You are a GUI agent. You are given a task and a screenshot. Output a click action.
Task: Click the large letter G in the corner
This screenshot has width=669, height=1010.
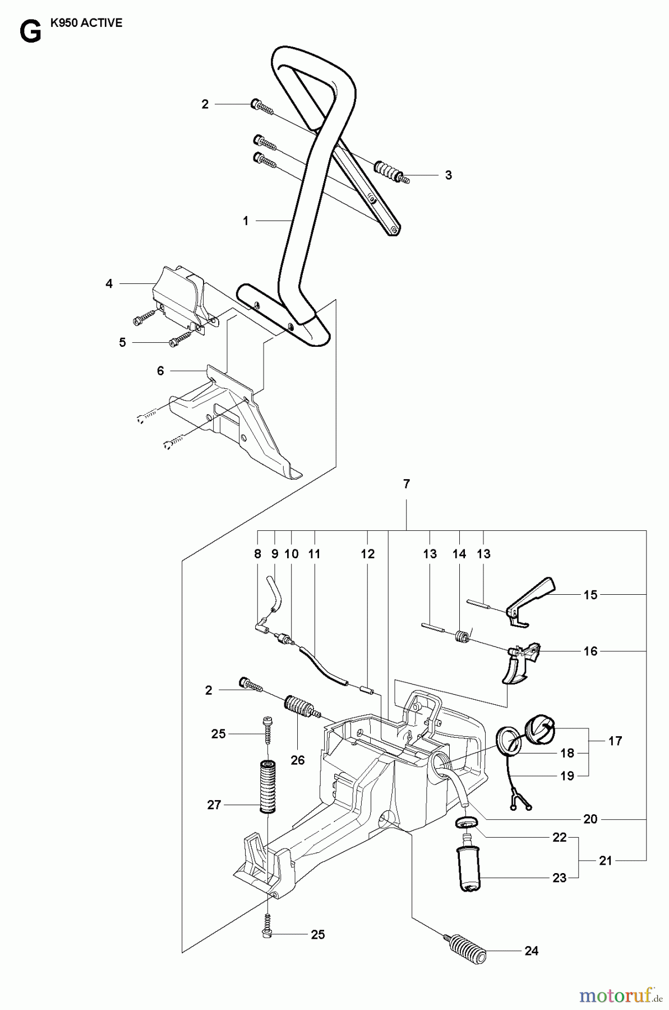pos(30,33)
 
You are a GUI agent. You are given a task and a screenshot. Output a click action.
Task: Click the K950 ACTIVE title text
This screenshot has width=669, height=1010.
pos(86,24)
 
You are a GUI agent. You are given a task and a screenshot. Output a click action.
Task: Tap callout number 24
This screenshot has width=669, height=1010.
pos(531,951)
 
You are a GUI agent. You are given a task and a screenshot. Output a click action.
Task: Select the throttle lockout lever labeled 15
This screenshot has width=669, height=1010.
pos(530,599)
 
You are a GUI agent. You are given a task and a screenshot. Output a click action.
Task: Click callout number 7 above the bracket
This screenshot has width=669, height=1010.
pos(407,484)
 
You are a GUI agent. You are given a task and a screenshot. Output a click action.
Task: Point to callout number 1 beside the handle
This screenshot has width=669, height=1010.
pos(245,221)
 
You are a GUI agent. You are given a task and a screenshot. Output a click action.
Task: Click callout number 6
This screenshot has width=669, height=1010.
pos(160,371)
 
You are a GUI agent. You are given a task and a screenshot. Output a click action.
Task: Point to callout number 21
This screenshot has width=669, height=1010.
pos(605,861)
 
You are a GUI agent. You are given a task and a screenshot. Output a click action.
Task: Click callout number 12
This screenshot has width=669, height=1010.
pos(367,554)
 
